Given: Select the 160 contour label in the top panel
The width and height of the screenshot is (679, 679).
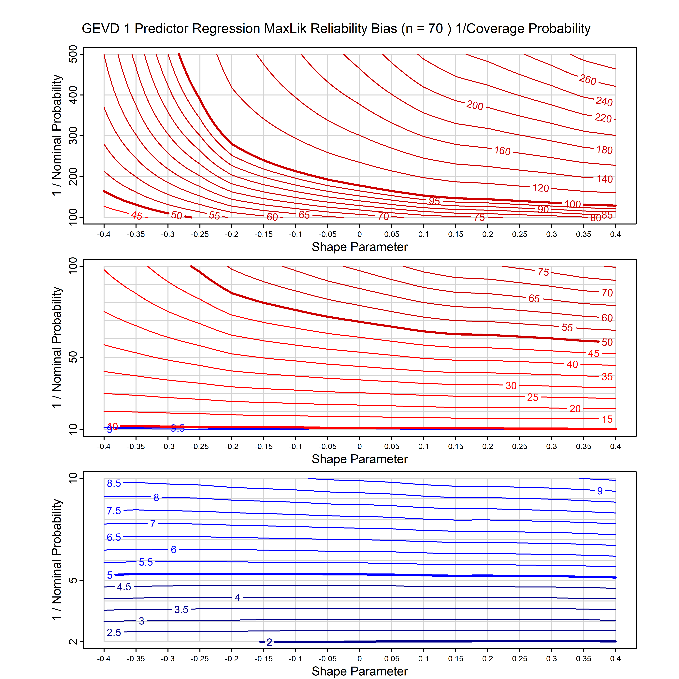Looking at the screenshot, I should tap(502, 151).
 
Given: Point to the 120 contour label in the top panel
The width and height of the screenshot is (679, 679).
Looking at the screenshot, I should tap(541, 188).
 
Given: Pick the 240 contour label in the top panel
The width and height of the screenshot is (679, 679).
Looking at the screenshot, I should tap(604, 102).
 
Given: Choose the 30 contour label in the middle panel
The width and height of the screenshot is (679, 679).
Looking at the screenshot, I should tap(511, 385).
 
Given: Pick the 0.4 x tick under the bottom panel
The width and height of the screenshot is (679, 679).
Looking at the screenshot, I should tap(615, 659).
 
